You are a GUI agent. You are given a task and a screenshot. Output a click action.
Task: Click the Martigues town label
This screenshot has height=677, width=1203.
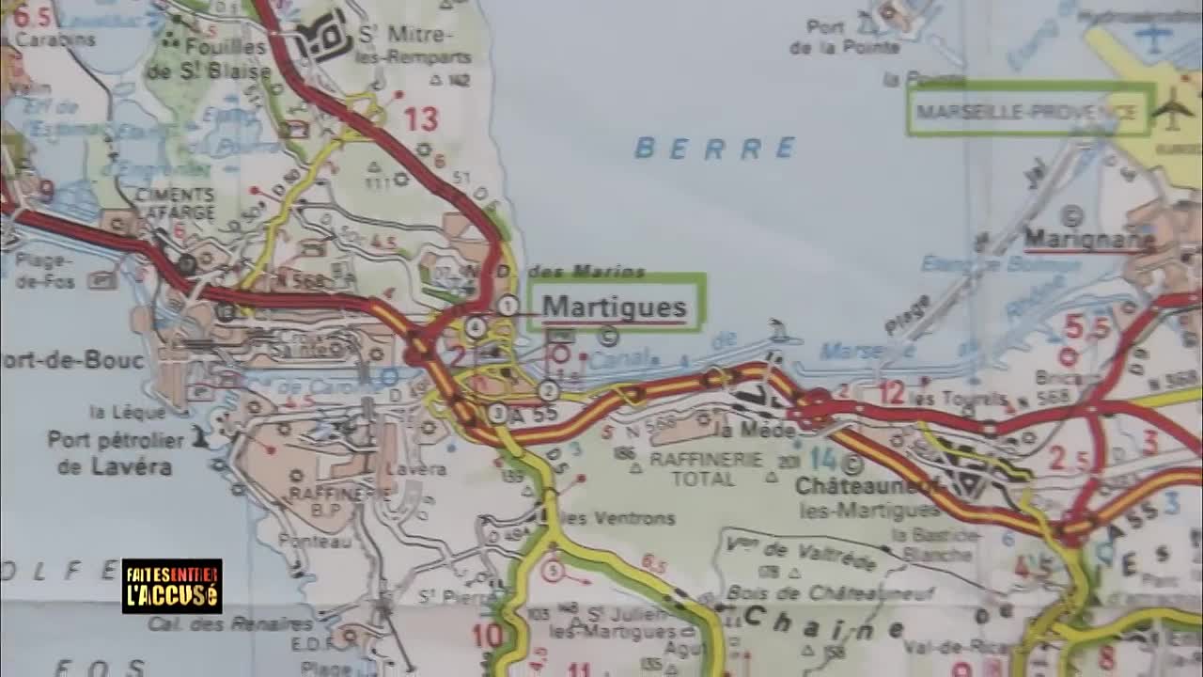coord(614,307)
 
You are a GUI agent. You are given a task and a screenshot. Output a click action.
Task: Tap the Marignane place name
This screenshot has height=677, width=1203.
coord(1088,239)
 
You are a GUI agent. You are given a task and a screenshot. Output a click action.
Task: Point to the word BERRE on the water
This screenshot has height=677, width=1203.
coord(715,148)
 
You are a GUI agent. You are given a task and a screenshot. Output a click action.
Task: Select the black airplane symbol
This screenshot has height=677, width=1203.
coord(1172,109)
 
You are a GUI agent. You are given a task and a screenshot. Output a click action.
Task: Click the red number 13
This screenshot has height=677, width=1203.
coord(421,119)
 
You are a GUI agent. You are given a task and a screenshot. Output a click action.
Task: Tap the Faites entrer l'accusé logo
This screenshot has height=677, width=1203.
coord(172,586)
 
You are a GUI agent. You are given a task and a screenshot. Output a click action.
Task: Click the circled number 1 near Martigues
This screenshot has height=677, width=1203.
coord(508,305)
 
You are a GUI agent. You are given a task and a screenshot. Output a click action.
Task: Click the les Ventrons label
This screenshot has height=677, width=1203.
coord(620,518)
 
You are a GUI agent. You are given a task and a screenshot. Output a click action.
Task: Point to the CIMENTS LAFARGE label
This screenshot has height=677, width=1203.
coord(175,202)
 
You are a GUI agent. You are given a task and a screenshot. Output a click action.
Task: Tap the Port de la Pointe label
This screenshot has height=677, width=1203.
coord(845,37)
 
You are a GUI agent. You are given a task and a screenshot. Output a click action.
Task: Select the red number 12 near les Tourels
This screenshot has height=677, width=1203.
coord(891,391)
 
